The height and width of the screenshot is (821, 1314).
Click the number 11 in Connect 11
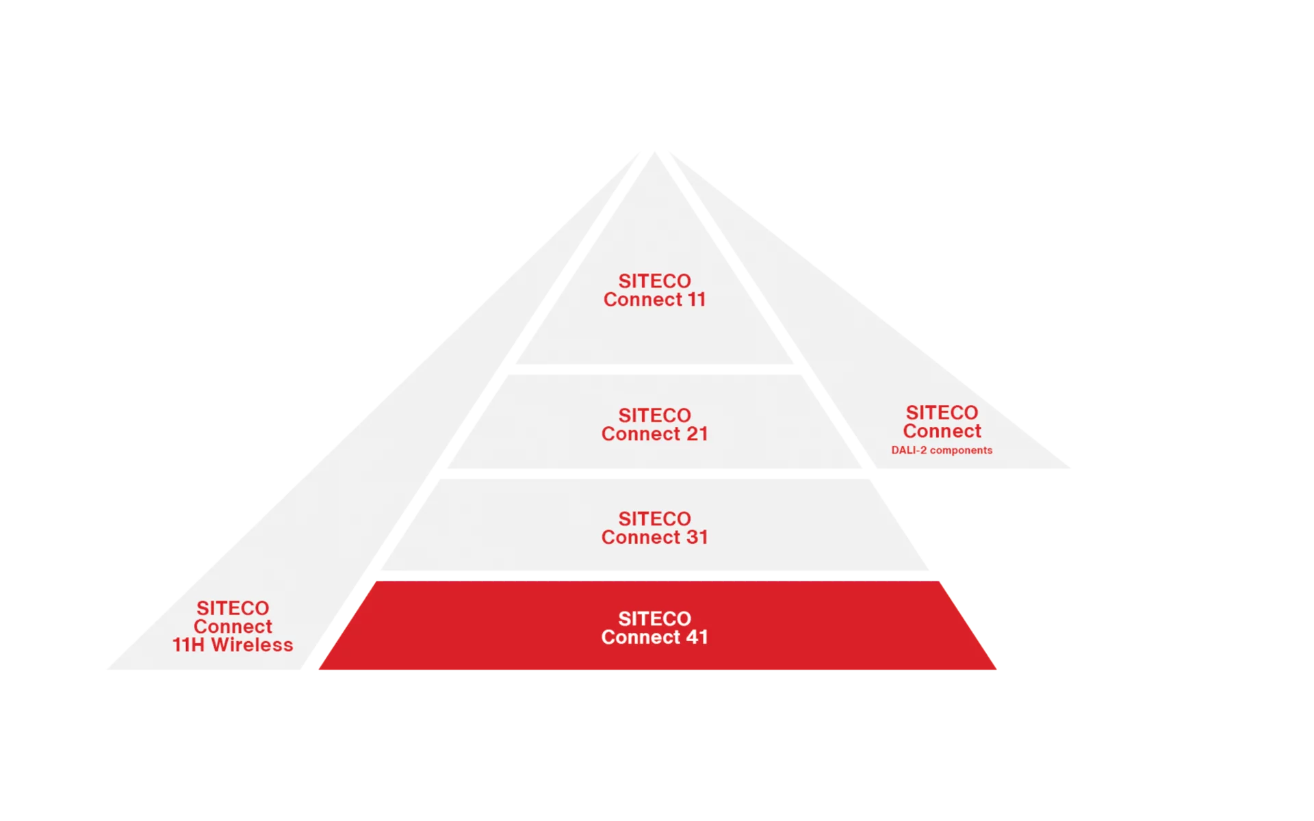point(697,300)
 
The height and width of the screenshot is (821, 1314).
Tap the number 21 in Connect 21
point(697,434)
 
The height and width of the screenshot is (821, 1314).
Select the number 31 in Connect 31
point(697,537)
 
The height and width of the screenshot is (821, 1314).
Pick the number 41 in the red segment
point(697,637)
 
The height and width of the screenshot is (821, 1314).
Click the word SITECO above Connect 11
point(655,281)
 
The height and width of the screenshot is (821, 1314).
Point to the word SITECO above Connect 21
point(655,415)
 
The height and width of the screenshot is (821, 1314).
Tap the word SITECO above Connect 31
point(655,519)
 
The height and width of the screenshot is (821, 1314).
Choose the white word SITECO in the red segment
point(655,618)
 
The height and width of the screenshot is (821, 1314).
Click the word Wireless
point(252,644)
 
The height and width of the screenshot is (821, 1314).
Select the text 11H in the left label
point(188,644)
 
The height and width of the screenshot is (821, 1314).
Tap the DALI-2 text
point(909,450)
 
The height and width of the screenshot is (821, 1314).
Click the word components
point(961,450)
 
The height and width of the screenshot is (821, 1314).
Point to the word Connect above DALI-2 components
point(942,431)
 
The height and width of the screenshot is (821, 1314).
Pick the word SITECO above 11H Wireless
point(233,608)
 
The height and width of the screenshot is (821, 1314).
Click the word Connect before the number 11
point(643,300)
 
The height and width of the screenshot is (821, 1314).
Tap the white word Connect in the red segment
point(641,637)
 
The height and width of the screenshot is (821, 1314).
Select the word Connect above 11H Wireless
point(233,627)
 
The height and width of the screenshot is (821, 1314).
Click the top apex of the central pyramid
point(655,153)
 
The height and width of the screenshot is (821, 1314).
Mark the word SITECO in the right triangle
point(942,413)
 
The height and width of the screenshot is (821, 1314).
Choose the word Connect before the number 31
point(641,537)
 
